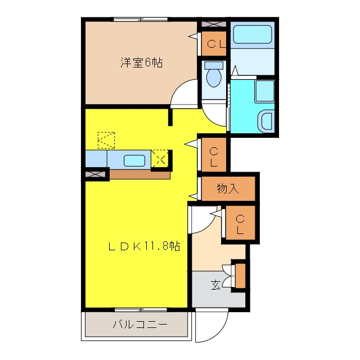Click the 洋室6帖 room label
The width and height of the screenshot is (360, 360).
(x=142, y=62)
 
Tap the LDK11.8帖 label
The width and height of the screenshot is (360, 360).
(x=144, y=246)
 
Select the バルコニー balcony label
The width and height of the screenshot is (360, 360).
(x=140, y=325)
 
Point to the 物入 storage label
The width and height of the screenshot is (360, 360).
(x=227, y=188)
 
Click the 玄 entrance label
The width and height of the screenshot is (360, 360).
(x=215, y=285)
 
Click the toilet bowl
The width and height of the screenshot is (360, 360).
(x=214, y=75)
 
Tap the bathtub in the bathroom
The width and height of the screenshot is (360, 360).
(x=253, y=34)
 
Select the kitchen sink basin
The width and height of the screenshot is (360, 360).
(x=134, y=160)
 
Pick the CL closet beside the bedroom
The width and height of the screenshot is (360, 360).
(x=214, y=44)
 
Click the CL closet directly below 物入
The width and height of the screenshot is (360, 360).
(x=240, y=223)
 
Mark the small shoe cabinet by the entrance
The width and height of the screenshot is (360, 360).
(x=240, y=276)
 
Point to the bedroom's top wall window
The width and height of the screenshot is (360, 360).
(x=141, y=20)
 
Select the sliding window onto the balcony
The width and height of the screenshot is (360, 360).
(x=141, y=310)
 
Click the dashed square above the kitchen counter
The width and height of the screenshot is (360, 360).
(x=106, y=140)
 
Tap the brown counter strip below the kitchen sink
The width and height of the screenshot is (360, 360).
(x=140, y=174)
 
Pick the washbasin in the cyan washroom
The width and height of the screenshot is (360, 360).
(x=267, y=121)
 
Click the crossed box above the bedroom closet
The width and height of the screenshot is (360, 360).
(x=214, y=24)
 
